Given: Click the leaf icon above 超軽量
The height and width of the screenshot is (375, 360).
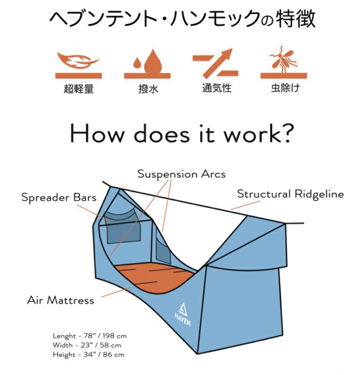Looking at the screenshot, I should pos(78,60).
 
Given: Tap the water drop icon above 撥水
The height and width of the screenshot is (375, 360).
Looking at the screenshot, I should pos(148,62).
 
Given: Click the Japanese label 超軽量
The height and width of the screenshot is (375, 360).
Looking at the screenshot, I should pos(79,89).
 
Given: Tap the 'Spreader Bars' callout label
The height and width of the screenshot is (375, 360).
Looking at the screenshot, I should pos(59,197).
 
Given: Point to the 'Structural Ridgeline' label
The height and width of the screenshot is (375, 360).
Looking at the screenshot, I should pos(290,194).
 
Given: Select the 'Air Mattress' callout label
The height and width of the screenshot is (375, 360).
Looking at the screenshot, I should pos(60,300).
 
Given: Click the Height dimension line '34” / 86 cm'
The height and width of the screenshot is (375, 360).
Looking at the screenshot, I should pos(89,355).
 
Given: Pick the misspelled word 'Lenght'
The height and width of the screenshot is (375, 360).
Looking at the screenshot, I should pos(64,336).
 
